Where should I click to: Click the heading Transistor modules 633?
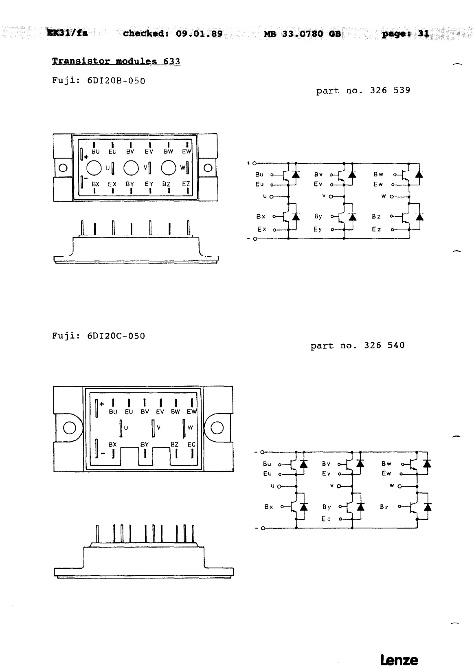(116, 62)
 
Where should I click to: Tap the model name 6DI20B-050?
(116, 81)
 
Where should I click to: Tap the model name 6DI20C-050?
(116, 336)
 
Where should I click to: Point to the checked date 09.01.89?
(199, 33)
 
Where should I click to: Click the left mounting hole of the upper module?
(63, 168)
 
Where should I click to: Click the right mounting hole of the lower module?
(217, 428)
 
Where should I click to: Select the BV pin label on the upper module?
(130, 152)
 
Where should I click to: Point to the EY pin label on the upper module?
(149, 184)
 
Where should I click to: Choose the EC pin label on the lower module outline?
(191, 445)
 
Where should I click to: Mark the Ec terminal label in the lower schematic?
(326, 519)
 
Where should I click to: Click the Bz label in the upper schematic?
(376, 217)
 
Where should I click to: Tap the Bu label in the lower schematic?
(267, 464)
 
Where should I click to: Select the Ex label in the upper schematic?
(262, 229)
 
